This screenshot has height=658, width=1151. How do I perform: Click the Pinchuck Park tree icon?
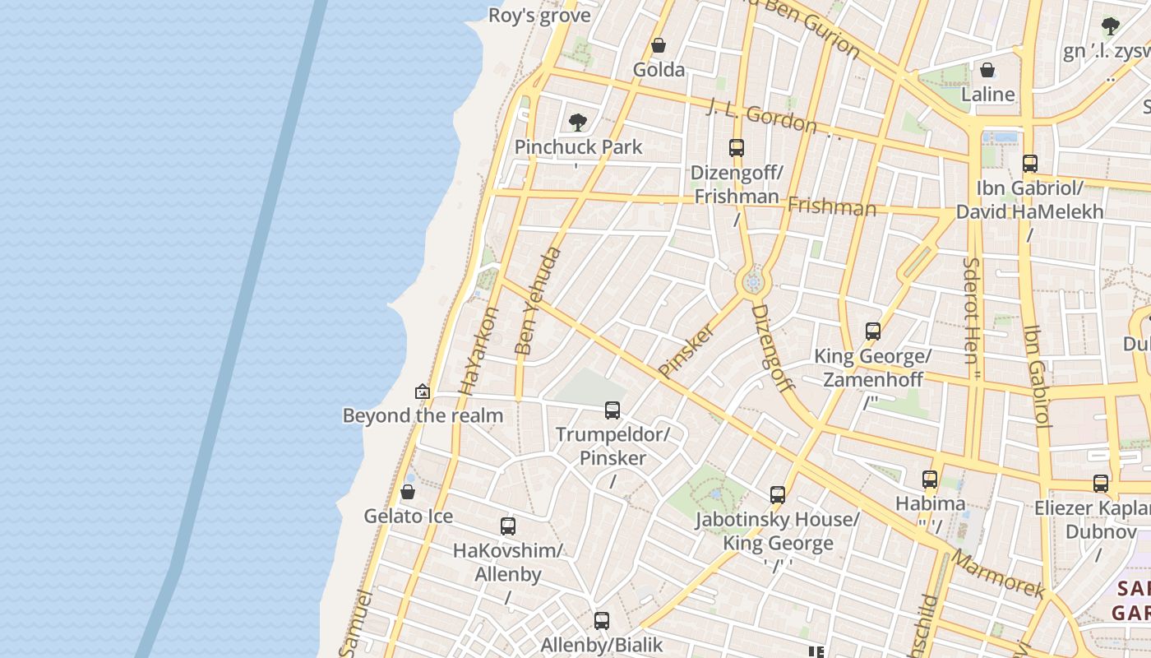click(578, 123)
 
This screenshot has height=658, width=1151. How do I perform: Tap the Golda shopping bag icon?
click(658, 45)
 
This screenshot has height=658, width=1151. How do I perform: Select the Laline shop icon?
click(987, 70)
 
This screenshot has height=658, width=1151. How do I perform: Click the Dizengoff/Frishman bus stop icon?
click(737, 148)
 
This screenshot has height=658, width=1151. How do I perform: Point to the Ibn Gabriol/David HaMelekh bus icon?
click(1029, 163)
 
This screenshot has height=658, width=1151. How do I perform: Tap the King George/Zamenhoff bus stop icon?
click(873, 331)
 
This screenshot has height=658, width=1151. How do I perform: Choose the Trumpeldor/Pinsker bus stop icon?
click(612, 410)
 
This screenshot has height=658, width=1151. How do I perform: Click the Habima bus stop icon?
click(930, 479)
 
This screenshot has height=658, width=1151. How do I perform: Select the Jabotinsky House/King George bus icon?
click(778, 494)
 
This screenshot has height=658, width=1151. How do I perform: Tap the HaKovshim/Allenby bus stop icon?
click(508, 526)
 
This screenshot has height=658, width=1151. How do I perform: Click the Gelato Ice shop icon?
click(408, 492)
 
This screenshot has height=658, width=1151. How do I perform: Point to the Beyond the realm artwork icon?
click(423, 392)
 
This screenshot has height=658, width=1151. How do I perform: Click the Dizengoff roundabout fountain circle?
click(752, 282)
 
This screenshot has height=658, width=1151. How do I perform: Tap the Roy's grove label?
click(539, 16)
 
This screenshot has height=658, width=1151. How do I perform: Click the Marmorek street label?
click(998, 573)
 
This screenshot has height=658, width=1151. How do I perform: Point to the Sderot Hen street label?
click(971, 311)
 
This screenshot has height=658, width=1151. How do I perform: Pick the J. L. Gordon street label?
click(761, 115)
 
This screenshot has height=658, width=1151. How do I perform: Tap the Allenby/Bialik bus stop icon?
click(602, 620)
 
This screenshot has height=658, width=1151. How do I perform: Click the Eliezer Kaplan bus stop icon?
click(1101, 483)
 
